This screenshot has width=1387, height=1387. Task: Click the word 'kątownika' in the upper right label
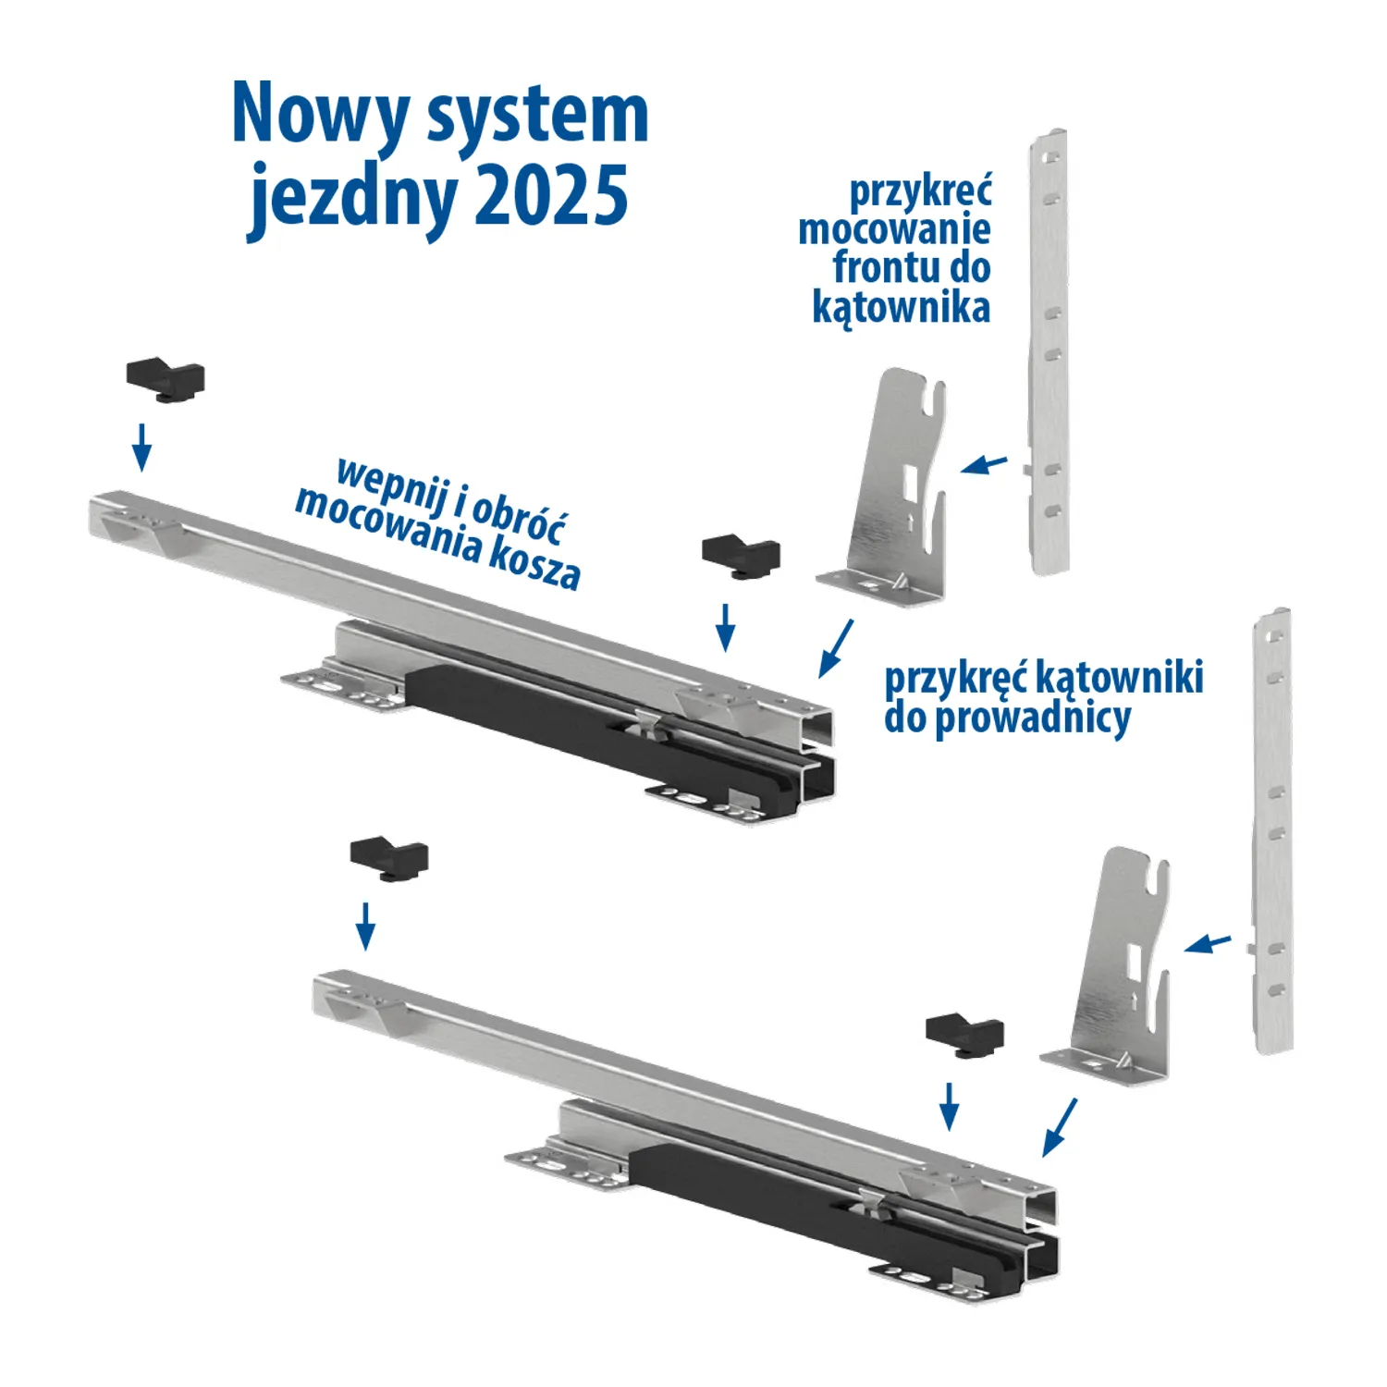[901, 307]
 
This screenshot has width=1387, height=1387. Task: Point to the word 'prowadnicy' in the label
[1033, 718]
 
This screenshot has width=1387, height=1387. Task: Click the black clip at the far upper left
[165, 380]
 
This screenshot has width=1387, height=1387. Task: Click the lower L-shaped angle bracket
[1118, 971]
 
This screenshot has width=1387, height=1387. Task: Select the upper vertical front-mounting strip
[1049, 351]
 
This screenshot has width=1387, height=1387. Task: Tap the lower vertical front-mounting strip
[1272, 832]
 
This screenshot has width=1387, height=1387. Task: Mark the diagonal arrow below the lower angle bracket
[1060, 1126]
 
